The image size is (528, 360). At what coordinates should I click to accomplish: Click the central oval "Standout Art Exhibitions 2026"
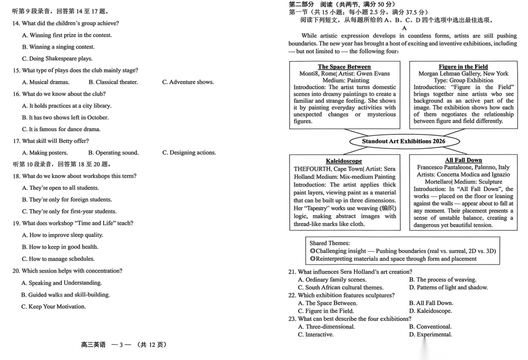[403, 141]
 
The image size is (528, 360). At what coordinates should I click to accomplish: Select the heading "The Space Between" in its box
[344, 67]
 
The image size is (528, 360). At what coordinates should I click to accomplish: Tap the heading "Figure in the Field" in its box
[463, 67]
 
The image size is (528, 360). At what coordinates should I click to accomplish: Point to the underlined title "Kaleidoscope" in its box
[344, 161]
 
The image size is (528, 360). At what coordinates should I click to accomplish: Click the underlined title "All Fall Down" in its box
[463, 160]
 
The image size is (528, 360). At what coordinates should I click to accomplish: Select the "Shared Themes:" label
[330, 243]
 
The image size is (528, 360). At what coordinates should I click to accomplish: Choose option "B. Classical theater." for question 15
[113, 82]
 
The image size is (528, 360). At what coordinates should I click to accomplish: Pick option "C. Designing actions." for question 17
[189, 153]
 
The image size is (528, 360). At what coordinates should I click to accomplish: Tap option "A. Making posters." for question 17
[44, 153]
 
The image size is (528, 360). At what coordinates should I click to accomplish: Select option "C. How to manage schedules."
[58, 259]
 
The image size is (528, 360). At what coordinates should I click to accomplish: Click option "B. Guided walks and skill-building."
[66, 295]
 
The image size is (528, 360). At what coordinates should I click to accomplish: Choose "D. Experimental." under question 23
[430, 335]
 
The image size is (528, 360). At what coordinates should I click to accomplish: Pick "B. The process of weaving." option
[442, 280]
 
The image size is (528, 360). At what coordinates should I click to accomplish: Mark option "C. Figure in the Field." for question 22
[326, 311]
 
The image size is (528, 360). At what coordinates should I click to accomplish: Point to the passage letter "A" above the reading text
[404, 28]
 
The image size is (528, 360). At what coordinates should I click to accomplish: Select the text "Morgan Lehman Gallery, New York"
[463, 74]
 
